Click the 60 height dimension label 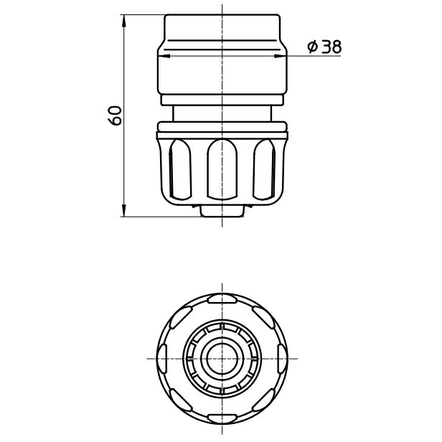pyautogui.click(x=115, y=116)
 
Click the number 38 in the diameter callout pyautogui.click(x=331, y=47)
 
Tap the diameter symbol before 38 pyautogui.click(x=312, y=47)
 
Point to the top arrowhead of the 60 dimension pyautogui.click(x=123, y=21)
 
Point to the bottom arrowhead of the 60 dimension pyautogui.click(x=123, y=210)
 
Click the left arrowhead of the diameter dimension pyautogui.click(x=164, y=56)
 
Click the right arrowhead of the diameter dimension pyautogui.click(x=281, y=56)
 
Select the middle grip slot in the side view pyautogui.click(x=222, y=169)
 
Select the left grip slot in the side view pyautogui.click(x=180, y=169)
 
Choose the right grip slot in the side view pyautogui.click(x=264, y=169)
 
